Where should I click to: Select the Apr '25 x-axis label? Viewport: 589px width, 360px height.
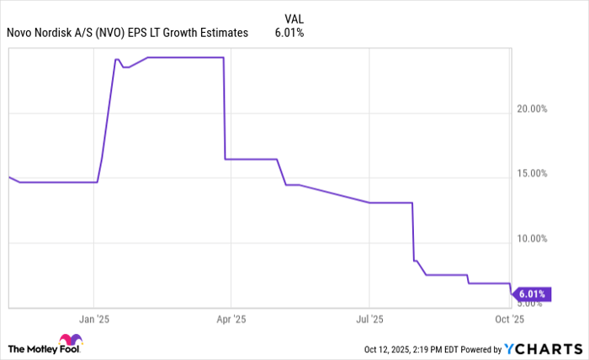click(x=231, y=320)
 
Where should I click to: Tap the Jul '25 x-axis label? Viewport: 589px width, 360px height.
click(x=369, y=320)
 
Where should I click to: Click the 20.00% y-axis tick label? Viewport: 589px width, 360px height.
click(x=531, y=109)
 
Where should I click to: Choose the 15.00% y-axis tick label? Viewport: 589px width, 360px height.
click(x=531, y=173)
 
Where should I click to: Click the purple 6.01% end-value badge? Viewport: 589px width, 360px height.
click(x=533, y=294)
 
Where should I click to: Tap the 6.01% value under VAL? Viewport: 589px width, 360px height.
click(x=289, y=33)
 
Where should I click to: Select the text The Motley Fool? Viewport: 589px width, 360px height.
click(x=32, y=348)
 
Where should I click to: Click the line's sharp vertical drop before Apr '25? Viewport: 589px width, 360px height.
click(x=224, y=109)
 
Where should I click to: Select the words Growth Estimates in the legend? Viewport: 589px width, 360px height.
click(x=210, y=33)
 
